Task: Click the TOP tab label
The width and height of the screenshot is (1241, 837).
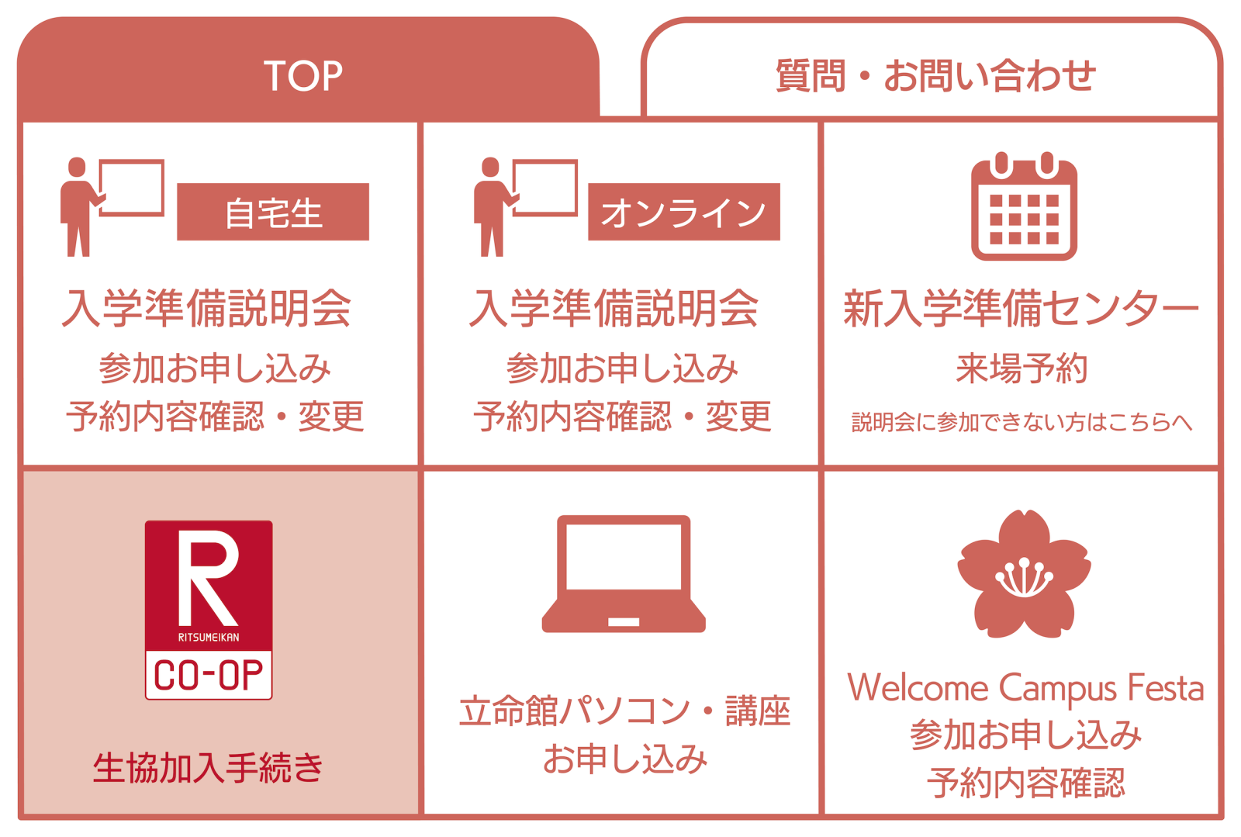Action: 303,76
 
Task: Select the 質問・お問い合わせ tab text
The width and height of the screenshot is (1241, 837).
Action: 935,76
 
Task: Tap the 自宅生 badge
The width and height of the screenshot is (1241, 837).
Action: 273,212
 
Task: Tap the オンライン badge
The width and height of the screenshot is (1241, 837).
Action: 683,212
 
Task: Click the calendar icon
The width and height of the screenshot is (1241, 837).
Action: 1024,206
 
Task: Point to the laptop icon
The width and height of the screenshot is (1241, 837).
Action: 624,574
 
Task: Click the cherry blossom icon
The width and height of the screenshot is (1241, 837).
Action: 1024,574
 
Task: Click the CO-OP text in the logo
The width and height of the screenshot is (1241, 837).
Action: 209,675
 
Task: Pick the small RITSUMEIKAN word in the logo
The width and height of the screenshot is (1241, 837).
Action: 209,638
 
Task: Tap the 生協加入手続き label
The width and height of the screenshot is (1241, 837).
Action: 209,768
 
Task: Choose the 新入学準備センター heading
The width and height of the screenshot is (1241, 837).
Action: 1021,308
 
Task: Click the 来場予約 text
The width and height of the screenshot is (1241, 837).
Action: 1021,368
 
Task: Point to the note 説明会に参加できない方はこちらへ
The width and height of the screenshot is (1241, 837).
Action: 1021,422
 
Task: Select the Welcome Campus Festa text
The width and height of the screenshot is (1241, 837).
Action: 1025,689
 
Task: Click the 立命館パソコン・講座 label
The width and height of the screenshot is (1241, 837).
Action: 624,711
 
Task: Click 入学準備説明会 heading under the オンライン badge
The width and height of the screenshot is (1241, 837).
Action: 614,308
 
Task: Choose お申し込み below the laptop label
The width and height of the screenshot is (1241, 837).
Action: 625,759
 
